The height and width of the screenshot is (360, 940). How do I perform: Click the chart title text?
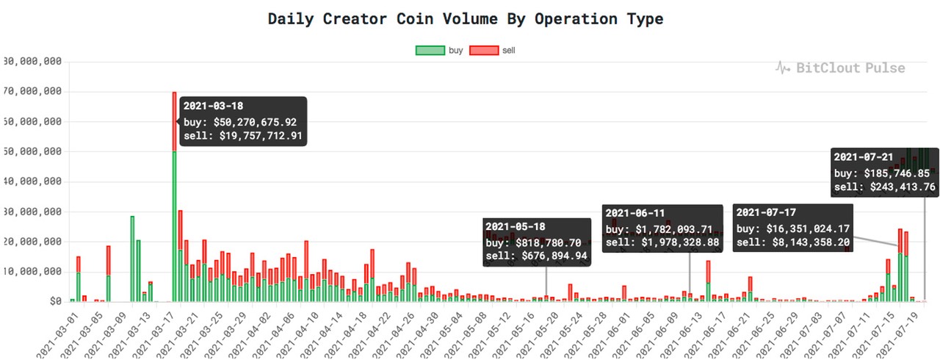pyautogui.click(x=465, y=19)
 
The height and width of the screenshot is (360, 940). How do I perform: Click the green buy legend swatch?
pyautogui.click(x=430, y=51)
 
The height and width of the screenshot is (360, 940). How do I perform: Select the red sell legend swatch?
pyautogui.click(x=483, y=51)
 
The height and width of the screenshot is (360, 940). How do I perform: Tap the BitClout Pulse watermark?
pyautogui.click(x=840, y=68)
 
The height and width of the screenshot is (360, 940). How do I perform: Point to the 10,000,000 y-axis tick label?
pyautogui.click(x=33, y=272)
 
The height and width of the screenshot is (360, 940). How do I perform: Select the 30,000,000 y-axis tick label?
pyautogui.click(x=33, y=212)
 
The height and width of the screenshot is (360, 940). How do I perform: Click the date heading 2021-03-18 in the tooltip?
pyautogui.click(x=214, y=106)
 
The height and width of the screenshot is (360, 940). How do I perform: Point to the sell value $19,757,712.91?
pyautogui.click(x=261, y=136)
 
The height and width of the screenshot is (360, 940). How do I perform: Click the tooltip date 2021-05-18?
pyautogui.click(x=516, y=227)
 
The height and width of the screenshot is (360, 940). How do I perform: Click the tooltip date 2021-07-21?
pyautogui.click(x=864, y=156)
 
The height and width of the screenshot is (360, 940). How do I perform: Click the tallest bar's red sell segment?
pyautogui.click(x=174, y=121)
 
